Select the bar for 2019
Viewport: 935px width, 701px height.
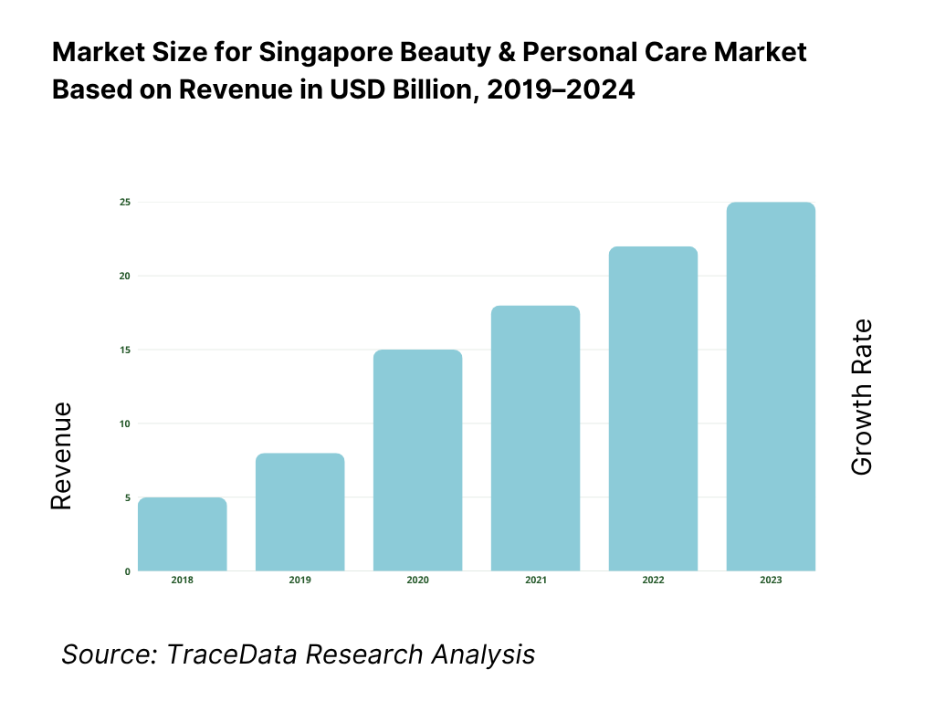[x=300, y=512]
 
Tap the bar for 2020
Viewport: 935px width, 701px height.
[x=417, y=460]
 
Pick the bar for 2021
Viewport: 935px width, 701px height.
[x=535, y=438]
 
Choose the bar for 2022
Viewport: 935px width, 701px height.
[x=653, y=409]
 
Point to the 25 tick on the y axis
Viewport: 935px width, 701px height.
[x=124, y=202]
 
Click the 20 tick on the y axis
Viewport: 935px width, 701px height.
[x=124, y=276]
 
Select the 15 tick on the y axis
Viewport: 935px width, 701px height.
[x=124, y=350]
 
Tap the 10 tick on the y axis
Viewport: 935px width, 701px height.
[x=124, y=424]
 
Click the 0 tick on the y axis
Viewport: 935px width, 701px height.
[x=127, y=571]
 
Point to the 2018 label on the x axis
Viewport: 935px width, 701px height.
[x=183, y=581]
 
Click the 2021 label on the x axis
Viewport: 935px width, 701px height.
[x=535, y=581]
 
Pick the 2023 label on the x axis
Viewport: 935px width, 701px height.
[x=771, y=581]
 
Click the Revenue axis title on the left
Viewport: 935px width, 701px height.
[x=61, y=456]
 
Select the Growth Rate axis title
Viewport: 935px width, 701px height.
[x=862, y=397]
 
